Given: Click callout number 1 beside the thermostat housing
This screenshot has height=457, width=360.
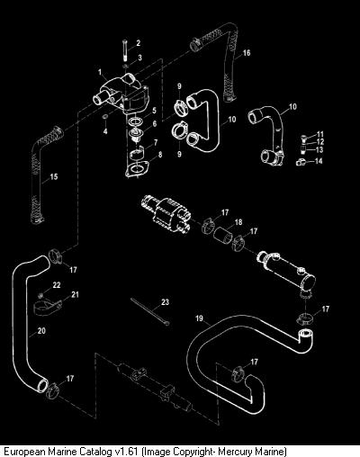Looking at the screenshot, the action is (100, 72).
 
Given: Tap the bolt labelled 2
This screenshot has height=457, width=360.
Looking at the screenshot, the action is (124, 50).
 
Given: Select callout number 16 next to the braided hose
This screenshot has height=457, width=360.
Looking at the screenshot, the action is (247, 53).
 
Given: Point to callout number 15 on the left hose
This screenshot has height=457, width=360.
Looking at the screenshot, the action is (54, 176).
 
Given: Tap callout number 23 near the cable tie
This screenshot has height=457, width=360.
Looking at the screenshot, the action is (166, 302).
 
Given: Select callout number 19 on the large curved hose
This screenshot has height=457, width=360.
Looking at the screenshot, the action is (200, 318).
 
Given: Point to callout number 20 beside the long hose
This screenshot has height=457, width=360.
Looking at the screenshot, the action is (41, 330).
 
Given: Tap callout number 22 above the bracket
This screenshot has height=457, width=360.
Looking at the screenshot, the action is (57, 285).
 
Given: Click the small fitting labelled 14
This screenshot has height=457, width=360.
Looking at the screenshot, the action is (301, 162).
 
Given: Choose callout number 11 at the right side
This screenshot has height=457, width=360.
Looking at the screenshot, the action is (320, 134).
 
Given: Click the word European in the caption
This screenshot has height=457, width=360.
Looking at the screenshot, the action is (25, 451).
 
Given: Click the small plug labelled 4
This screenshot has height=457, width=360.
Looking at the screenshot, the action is (105, 116).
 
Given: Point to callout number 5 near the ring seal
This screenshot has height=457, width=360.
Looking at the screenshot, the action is (154, 110).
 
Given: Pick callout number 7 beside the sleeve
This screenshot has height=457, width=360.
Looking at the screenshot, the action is (156, 142).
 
